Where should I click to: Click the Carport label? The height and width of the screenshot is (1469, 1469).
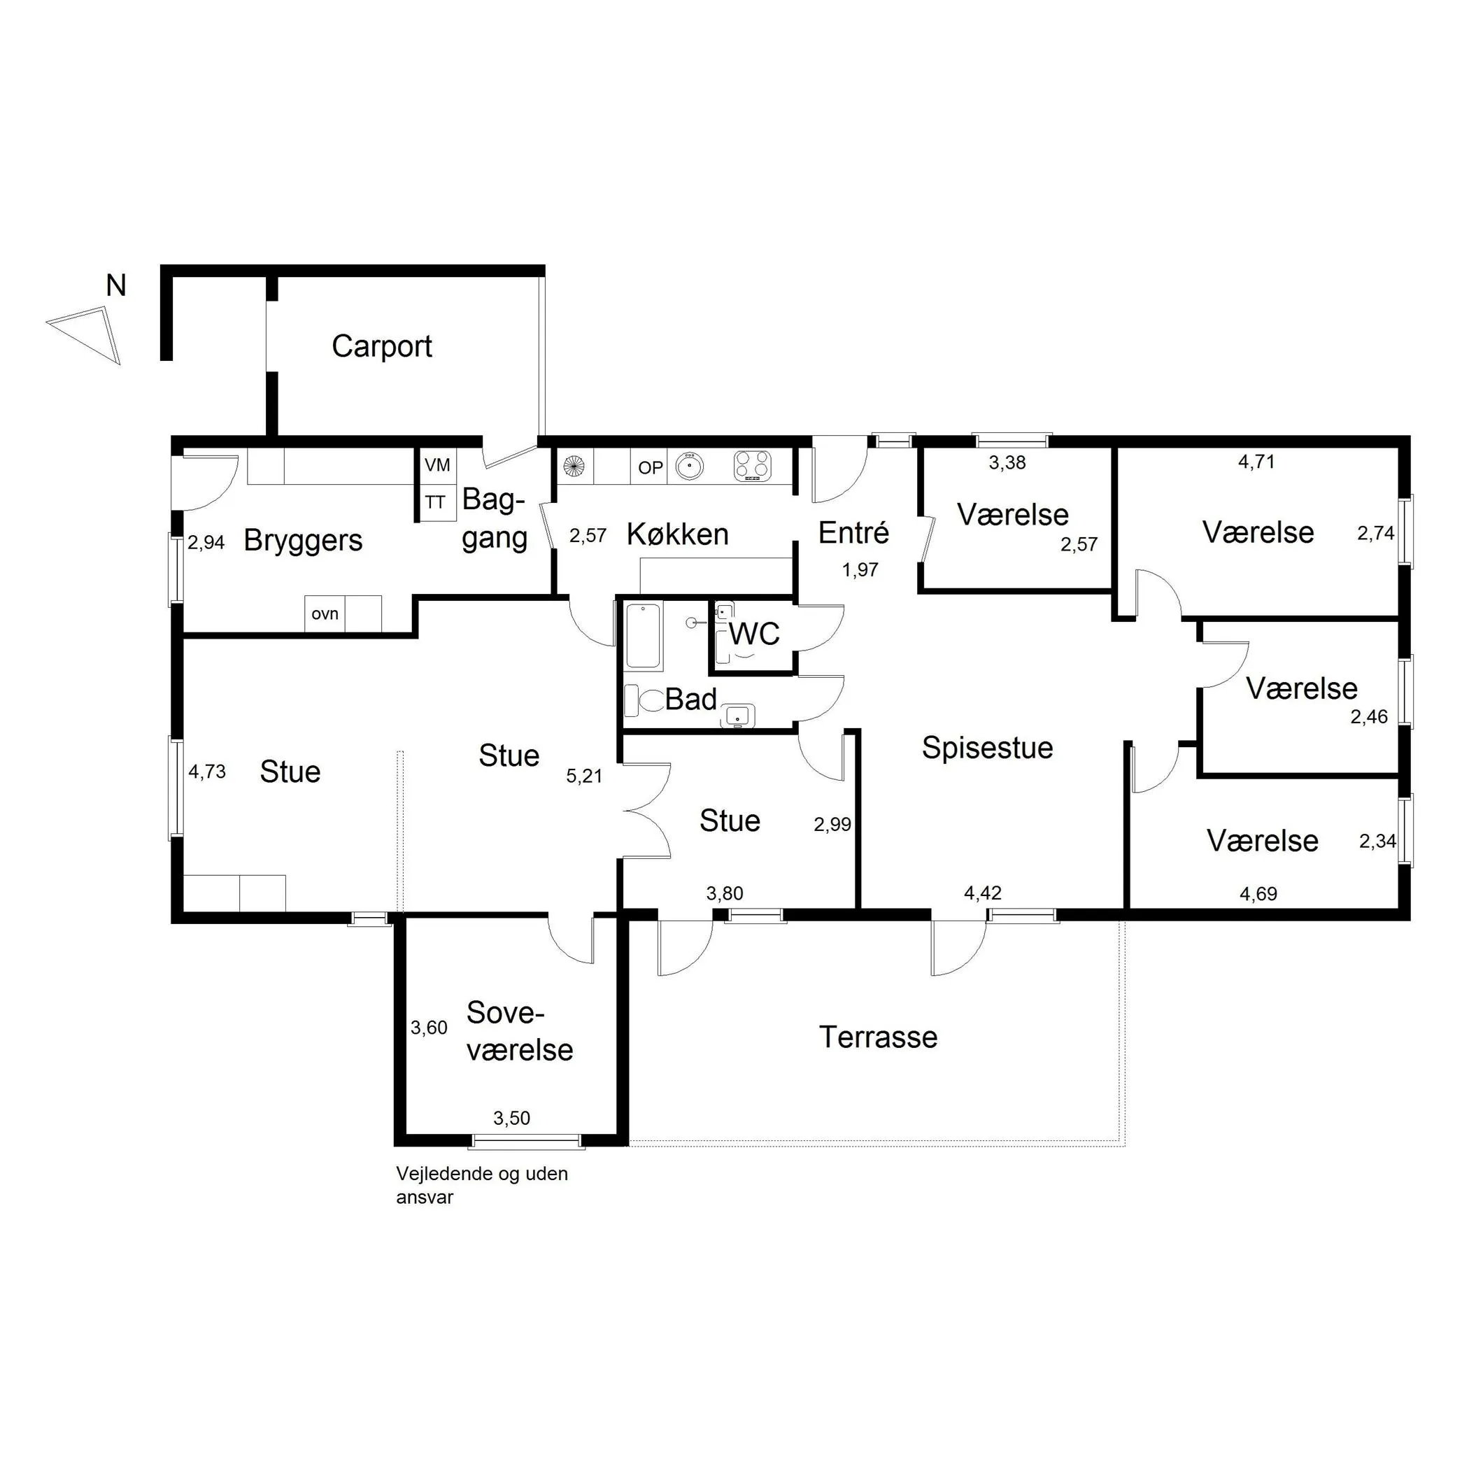(x=382, y=347)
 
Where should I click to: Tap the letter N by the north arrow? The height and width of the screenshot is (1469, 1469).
(x=115, y=286)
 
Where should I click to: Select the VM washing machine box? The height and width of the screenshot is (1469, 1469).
(x=437, y=464)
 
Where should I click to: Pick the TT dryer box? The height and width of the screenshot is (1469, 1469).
(x=437, y=502)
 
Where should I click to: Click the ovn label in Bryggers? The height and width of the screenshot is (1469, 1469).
(x=325, y=613)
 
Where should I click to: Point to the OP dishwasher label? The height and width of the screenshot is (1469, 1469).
(x=650, y=467)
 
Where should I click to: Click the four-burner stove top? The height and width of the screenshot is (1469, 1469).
(x=752, y=466)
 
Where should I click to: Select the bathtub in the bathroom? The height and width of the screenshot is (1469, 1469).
(x=644, y=636)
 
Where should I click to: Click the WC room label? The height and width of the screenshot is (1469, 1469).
(x=754, y=633)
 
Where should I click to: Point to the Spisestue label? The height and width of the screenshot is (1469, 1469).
(x=987, y=748)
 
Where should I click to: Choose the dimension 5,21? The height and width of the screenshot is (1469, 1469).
(x=584, y=776)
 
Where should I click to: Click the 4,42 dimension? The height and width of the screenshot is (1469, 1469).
(x=982, y=893)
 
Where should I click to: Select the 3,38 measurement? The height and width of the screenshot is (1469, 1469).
(x=1007, y=462)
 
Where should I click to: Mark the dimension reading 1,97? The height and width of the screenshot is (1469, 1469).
(x=860, y=569)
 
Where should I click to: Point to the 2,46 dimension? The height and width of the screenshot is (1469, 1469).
(x=1369, y=717)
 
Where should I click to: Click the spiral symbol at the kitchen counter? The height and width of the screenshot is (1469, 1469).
(x=574, y=465)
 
